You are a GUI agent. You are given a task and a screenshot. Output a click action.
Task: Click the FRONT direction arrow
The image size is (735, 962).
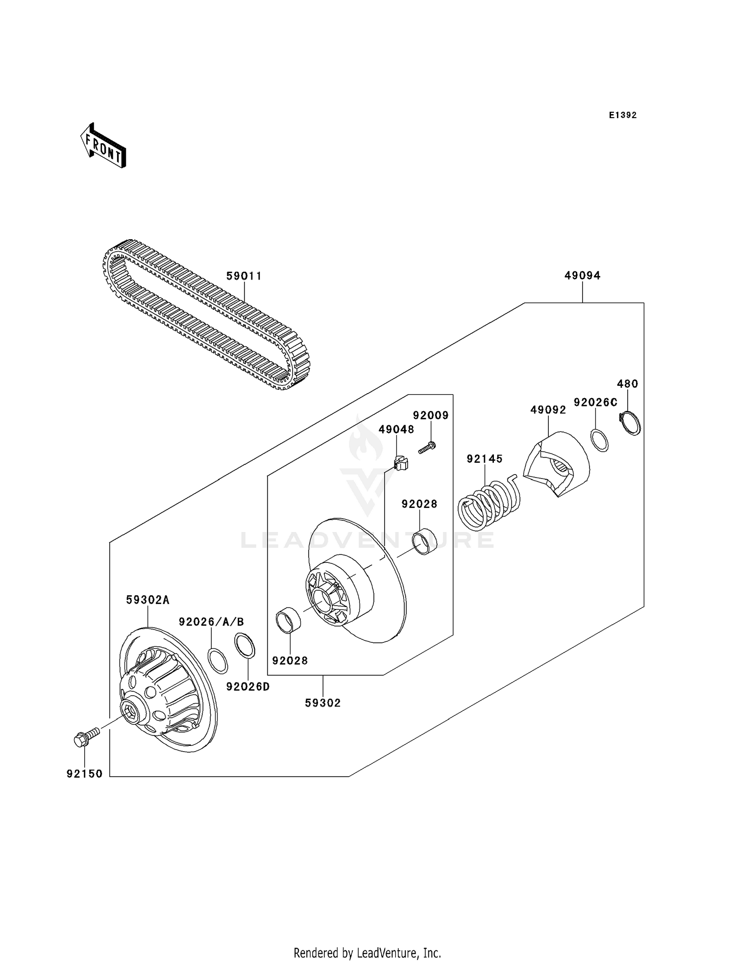103,146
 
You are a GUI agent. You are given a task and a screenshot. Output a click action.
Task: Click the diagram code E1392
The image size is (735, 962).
622,115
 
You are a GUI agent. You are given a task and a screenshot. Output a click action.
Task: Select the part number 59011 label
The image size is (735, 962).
244,276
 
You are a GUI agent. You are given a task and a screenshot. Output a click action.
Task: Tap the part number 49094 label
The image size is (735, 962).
582,276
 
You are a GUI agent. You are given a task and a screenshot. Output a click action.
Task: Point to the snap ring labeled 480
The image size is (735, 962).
630,423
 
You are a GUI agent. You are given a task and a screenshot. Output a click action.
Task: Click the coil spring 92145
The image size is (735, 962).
489,503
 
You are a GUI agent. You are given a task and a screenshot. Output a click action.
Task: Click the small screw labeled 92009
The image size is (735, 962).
427,447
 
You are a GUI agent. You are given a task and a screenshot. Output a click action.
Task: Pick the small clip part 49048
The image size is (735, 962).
401,462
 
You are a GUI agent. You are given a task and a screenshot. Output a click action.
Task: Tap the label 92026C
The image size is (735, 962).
595,402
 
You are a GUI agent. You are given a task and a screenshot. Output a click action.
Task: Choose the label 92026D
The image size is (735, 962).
248,687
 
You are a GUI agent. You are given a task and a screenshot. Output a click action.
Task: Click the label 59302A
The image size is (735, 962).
147,600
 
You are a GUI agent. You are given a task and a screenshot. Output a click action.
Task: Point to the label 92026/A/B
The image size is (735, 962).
211,622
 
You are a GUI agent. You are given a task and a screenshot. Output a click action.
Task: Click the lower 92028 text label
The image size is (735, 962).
290,660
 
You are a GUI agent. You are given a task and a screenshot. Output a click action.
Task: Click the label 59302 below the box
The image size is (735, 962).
322,703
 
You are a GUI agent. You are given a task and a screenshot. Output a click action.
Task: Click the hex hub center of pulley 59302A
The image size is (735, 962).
131,709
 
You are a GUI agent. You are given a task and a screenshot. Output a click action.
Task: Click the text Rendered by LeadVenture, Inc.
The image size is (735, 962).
367,953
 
